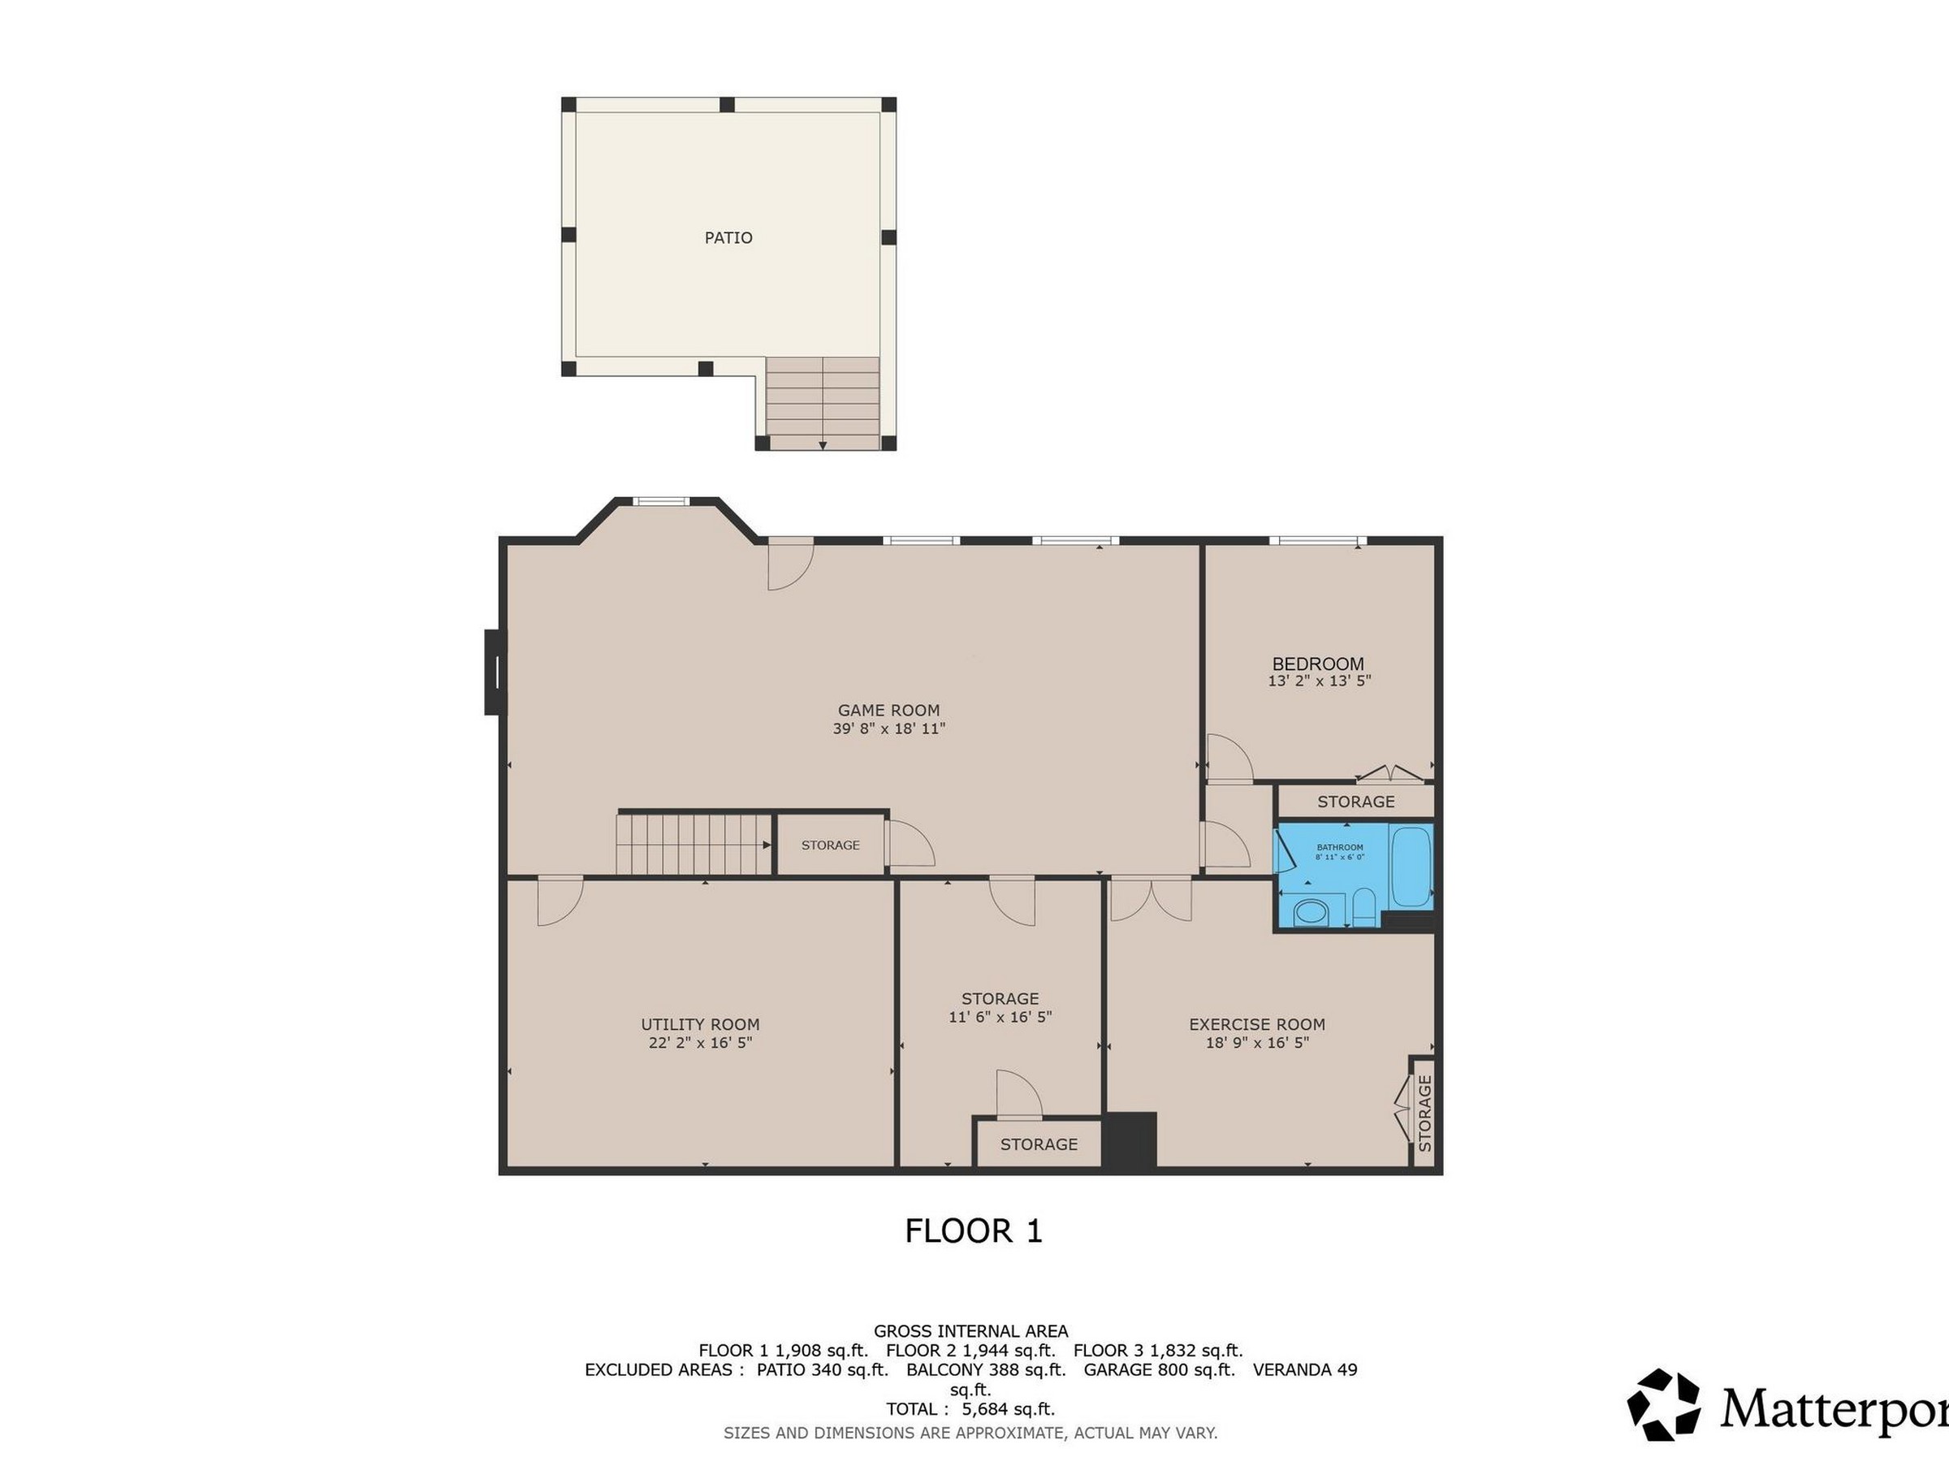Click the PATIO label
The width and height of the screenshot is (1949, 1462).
[728, 237]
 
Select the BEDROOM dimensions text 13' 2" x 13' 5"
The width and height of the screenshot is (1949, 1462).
[1319, 681]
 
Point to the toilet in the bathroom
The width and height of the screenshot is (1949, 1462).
[1364, 908]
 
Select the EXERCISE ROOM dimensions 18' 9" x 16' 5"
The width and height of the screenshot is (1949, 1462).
[1257, 1043]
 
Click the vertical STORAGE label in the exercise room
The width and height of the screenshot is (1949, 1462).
[1424, 1113]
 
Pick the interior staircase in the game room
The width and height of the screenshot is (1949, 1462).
[694, 844]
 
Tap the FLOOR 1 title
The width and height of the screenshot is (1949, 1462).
[974, 1231]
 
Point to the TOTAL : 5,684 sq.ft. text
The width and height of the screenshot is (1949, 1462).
[970, 1409]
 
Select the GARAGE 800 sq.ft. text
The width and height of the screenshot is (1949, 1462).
[1159, 1369]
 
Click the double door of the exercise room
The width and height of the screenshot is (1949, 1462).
[1151, 899]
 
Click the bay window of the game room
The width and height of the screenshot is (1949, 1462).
[661, 501]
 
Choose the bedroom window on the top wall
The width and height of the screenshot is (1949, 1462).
[1317, 539]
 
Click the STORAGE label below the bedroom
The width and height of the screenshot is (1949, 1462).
[1355, 801]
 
